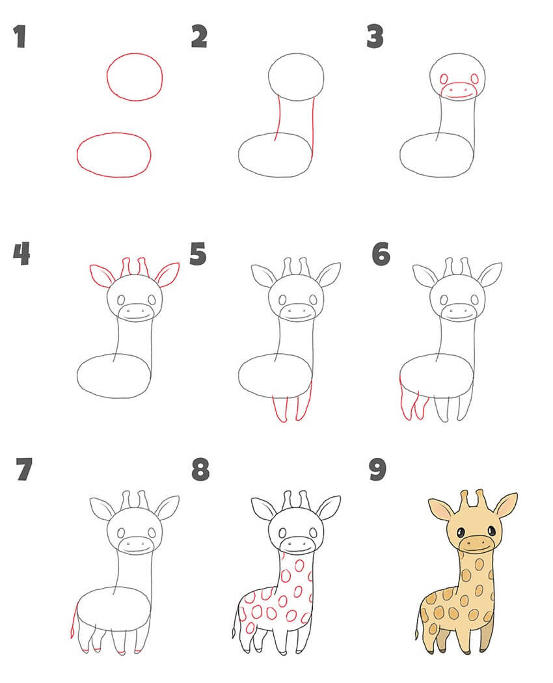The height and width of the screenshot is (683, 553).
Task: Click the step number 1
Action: click(20, 36)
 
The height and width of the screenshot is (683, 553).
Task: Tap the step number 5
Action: click(198, 254)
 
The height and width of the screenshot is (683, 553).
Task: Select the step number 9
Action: click(377, 470)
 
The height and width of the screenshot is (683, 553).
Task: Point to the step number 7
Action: click(24, 469)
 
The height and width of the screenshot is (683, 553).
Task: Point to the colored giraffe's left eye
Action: click(459, 532)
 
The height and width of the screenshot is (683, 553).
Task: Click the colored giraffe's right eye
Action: click(492, 531)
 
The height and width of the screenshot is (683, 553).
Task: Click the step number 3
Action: click(375, 36)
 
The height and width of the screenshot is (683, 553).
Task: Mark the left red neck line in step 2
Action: click(278, 118)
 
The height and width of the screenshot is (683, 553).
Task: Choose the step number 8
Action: click(200, 470)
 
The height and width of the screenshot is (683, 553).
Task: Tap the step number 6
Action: click(381, 254)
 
